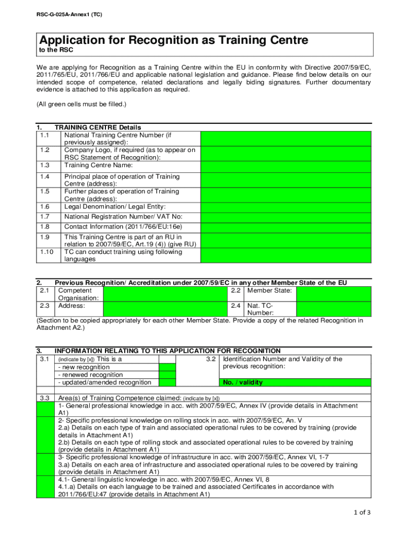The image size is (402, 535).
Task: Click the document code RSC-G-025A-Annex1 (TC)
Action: click(x=69, y=15)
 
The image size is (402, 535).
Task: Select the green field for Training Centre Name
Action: click(x=286, y=166)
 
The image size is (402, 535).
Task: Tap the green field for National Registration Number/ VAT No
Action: click(x=286, y=217)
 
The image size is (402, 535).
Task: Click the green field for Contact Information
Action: click(x=286, y=227)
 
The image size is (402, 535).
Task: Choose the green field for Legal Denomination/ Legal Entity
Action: click(x=286, y=207)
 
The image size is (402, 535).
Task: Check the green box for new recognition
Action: click(x=167, y=367)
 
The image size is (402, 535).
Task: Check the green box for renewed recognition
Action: click(x=167, y=375)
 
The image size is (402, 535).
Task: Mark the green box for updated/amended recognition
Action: click(x=167, y=382)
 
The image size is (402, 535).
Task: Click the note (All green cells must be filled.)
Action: click(x=81, y=104)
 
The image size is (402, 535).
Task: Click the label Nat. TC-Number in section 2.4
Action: click(x=260, y=309)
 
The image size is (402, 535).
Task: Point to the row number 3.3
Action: click(x=44, y=399)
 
